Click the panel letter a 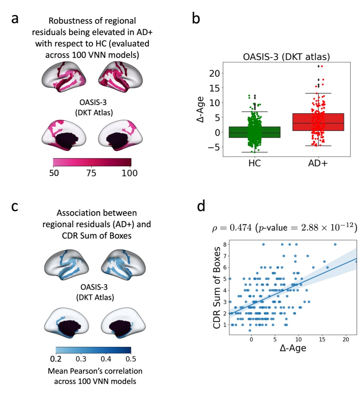(x=15, y=19)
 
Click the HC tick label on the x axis (x=254, y=164)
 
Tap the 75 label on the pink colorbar (x=92, y=173)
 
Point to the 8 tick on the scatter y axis (x=225, y=244)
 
